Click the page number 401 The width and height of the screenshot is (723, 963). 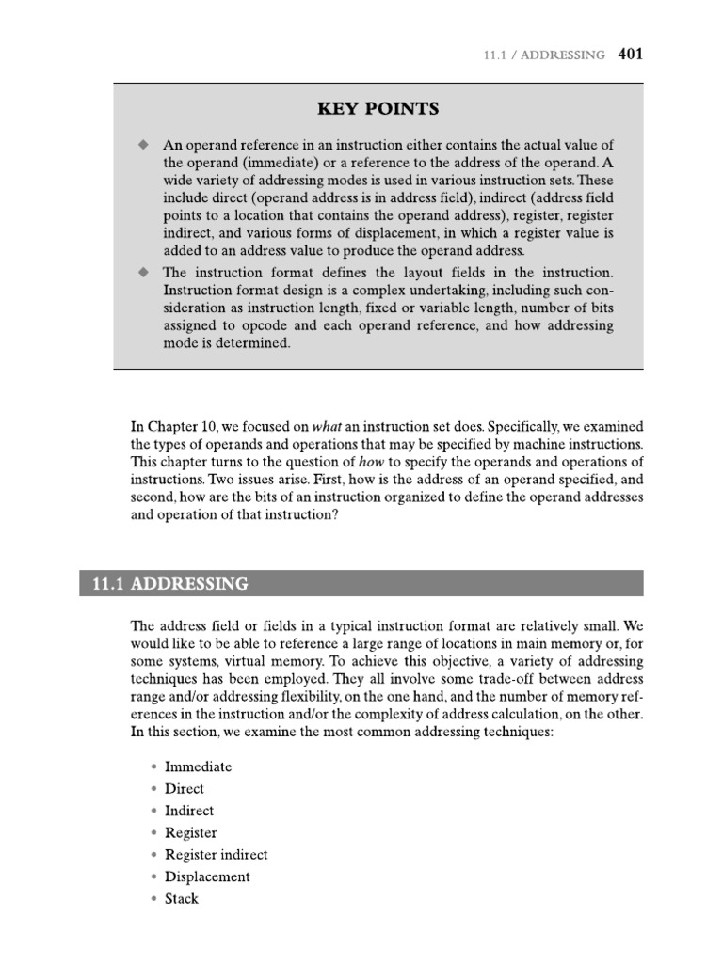tap(631, 55)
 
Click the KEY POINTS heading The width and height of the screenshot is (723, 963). tap(378, 109)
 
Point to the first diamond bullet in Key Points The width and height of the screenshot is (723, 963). tap(143, 145)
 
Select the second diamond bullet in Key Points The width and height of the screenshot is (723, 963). tap(143, 272)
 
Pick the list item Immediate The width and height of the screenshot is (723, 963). tap(198, 766)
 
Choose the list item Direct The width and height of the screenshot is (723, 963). tap(184, 789)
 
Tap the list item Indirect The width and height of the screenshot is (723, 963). tap(188, 811)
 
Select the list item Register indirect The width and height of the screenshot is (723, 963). tap(216, 855)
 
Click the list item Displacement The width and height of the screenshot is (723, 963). tap(207, 876)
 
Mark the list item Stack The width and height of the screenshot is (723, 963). tap(182, 899)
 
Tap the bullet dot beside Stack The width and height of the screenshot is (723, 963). tap(153, 899)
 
